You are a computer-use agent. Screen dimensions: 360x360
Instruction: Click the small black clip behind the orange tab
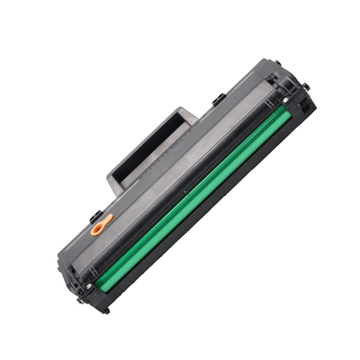(x=95, y=216)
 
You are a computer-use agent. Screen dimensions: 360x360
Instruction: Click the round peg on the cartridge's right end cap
(x=307, y=86)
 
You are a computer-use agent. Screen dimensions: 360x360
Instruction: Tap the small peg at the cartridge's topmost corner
(x=278, y=63)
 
